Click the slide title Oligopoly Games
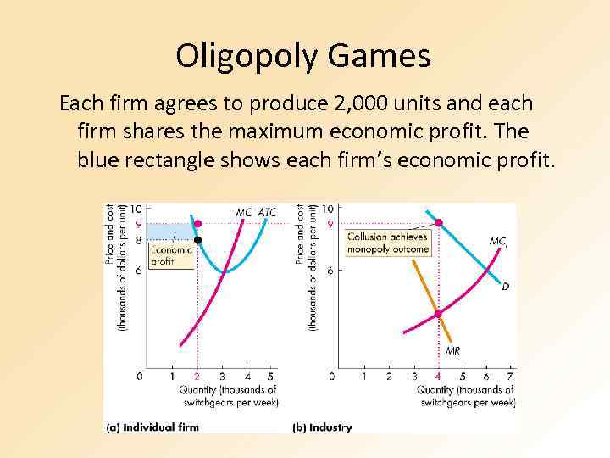(303, 56)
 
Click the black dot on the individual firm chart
(197, 240)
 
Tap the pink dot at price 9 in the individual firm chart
(197, 224)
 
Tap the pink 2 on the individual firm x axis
(197, 376)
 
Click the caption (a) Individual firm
(152, 427)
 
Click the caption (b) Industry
(322, 427)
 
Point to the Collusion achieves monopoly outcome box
(388, 243)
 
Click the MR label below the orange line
(452, 350)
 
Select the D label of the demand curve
(505, 287)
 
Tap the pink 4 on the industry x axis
(438, 376)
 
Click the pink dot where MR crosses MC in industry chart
(438, 314)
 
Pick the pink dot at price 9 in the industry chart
(438, 223)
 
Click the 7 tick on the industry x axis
(509, 376)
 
